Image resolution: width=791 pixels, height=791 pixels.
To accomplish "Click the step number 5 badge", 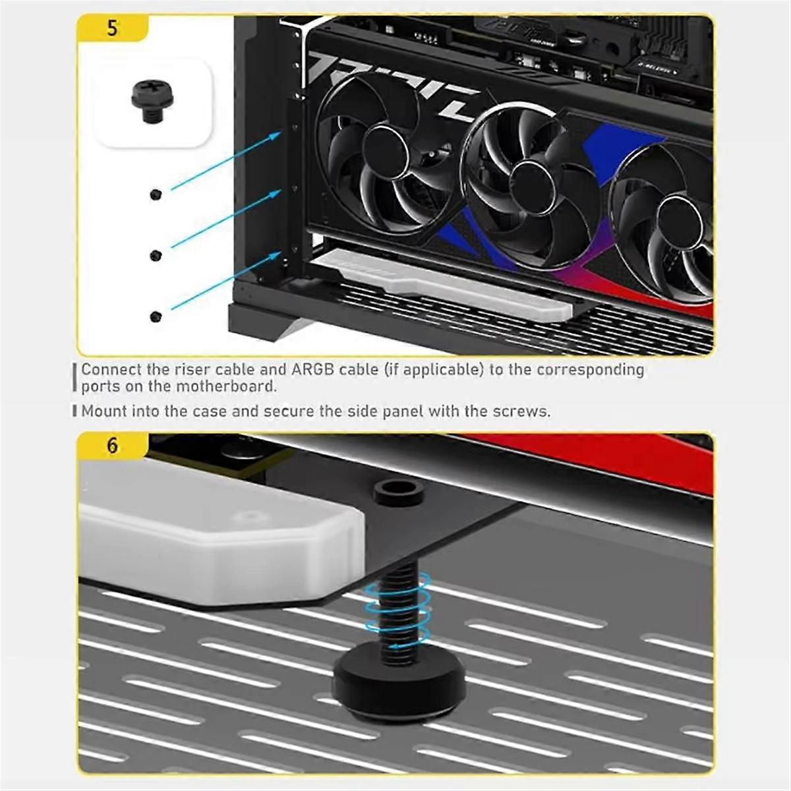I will click(112, 28).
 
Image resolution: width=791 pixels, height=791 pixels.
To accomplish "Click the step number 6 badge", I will click(112, 446).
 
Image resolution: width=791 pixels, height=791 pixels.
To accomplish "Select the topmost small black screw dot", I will click(156, 194).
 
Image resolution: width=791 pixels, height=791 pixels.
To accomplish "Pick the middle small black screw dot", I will click(156, 255).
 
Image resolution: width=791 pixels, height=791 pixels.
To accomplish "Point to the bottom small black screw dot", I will click(156, 317).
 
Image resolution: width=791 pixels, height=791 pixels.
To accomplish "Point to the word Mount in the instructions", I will click(103, 412).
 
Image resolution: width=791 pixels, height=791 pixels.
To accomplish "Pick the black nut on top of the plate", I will click(398, 492).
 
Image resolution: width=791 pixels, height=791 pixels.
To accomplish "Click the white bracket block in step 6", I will click(218, 534).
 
